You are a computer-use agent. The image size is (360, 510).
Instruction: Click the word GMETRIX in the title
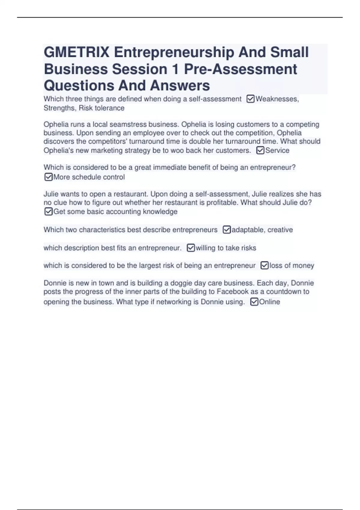[76, 52]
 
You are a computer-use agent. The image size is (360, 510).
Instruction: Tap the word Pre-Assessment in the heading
[240, 69]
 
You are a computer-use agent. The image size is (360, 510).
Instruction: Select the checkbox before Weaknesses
[250, 99]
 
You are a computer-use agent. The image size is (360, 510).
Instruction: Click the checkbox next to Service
[260, 150]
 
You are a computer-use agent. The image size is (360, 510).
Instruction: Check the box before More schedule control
[48, 177]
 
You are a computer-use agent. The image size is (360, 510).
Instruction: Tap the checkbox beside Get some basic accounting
[48, 211]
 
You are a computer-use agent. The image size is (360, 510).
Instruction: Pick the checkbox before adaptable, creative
[227, 230]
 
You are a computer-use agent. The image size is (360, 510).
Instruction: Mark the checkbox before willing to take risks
[191, 248]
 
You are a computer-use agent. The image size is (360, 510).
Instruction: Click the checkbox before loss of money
[264, 265]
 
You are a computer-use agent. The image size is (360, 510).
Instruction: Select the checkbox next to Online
[254, 301]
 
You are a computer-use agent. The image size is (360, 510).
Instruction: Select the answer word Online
[269, 302]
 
